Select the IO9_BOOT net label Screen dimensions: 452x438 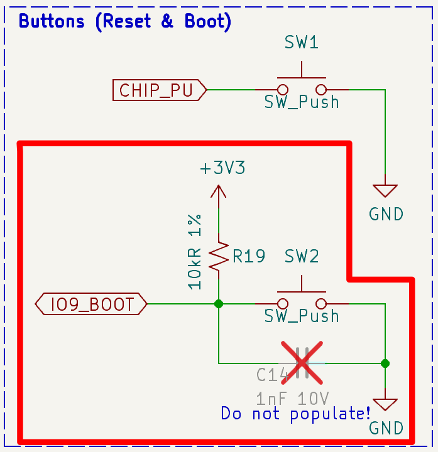[x=92, y=304]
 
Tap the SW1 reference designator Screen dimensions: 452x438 [x=302, y=43]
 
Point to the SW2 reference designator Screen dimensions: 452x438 [x=302, y=256]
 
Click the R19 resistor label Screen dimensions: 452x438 [x=248, y=256]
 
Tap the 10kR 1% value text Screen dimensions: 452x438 [x=195, y=251]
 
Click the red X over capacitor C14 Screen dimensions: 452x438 [x=302, y=363]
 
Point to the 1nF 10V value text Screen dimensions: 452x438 [x=292, y=397]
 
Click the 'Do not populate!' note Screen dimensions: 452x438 [x=295, y=414]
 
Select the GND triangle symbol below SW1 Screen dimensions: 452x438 [x=385, y=190]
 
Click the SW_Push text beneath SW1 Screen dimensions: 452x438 [x=302, y=102]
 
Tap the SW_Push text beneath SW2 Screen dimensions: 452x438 [x=302, y=315]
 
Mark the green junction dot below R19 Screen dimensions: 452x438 [x=218, y=304]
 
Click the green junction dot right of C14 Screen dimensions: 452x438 [x=385, y=363]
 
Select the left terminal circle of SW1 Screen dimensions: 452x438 [x=283, y=90]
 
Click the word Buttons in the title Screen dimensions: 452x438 [x=52, y=21]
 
